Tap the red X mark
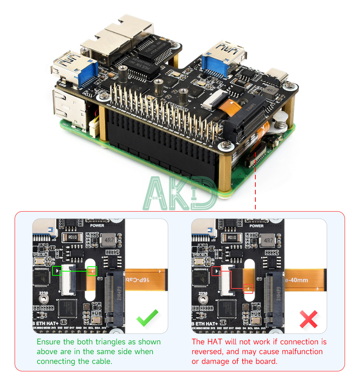(308, 319)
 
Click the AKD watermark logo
(180, 194)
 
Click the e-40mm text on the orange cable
(297, 280)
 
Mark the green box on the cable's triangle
(92, 271)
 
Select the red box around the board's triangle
(216, 271)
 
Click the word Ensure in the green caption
(48, 342)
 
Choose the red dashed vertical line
(255, 180)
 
